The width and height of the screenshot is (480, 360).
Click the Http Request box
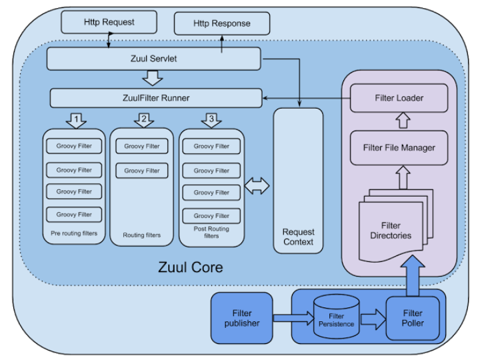109,22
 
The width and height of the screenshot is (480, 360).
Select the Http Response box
222,24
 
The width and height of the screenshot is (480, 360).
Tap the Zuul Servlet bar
153,59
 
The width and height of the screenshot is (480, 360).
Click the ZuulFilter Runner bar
156,98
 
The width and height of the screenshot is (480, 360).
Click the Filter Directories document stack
393,227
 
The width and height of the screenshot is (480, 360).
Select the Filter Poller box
413,318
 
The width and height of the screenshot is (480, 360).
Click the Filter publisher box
242,318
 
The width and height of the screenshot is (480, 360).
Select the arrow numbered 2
143,120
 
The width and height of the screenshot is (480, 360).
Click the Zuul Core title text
190,267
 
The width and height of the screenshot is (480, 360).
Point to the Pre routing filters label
74,234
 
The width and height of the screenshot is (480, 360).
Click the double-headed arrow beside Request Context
257,186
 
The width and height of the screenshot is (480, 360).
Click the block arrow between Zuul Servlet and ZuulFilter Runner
153,79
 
